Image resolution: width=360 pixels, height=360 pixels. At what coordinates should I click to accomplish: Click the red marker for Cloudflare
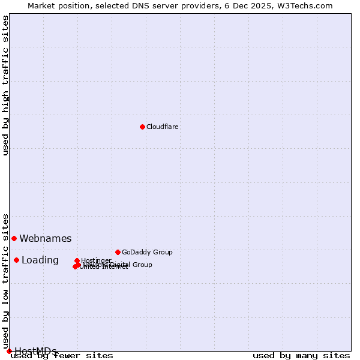pyautogui.click(x=142, y=127)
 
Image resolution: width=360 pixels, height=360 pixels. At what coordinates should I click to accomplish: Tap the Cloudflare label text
pyautogui.click(x=163, y=127)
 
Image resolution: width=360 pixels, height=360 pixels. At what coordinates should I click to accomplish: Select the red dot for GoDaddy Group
pyautogui.click(x=118, y=252)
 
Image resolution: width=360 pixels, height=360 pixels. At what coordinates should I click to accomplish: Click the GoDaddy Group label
pyautogui.click(x=147, y=252)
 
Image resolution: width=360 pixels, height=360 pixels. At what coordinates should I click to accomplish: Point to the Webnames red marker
pyautogui.click(x=14, y=238)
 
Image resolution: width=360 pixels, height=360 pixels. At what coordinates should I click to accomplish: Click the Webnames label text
pyautogui.click(x=46, y=239)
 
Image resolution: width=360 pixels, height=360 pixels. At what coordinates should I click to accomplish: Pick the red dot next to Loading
pyautogui.click(x=16, y=260)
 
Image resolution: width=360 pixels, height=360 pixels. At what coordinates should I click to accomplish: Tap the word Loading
pyautogui.click(x=40, y=260)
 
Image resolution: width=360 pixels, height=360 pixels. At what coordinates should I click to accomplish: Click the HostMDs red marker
pyautogui.click(x=9, y=351)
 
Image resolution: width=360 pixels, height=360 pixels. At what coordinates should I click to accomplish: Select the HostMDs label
pyautogui.click(x=35, y=351)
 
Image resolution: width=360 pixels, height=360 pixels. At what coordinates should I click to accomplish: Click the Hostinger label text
pyautogui.click(x=96, y=260)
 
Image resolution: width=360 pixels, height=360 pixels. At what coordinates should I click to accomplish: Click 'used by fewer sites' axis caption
pyautogui.click(x=62, y=355)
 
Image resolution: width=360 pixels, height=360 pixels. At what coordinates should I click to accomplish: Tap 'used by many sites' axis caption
pyautogui.click(x=301, y=355)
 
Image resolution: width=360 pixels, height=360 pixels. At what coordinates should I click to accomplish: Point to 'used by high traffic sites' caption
pyautogui.click(x=6, y=85)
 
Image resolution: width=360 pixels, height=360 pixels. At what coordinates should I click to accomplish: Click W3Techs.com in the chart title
pyautogui.click(x=308, y=5)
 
